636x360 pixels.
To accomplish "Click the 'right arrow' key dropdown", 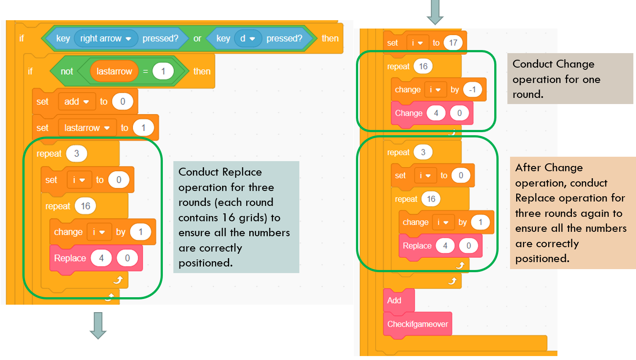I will [x=106, y=39].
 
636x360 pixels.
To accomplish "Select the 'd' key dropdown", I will [x=248, y=39].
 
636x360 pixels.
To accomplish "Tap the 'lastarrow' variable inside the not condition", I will [x=114, y=71].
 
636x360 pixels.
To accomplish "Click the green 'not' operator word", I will [x=67, y=71].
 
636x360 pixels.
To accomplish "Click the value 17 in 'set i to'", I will [x=453, y=43].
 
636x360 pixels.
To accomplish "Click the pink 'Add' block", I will [x=394, y=300].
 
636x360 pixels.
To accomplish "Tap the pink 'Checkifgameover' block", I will [x=417, y=324].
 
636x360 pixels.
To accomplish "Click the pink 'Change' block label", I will [x=409, y=113].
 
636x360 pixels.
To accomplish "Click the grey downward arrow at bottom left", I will [x=98, y=325].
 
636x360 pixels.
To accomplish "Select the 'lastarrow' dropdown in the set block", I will [x=87, y=128].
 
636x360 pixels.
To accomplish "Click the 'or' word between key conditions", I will [x=198, y=39].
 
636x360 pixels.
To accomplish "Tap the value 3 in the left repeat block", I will [x=77, y=154].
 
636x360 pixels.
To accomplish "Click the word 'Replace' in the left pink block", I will [x=70, y=258].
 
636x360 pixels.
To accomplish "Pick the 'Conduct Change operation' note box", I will [x=570, y=79].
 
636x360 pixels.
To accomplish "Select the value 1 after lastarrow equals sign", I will [x=163, y=71].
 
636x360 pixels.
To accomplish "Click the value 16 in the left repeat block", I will [x=86, y=206].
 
